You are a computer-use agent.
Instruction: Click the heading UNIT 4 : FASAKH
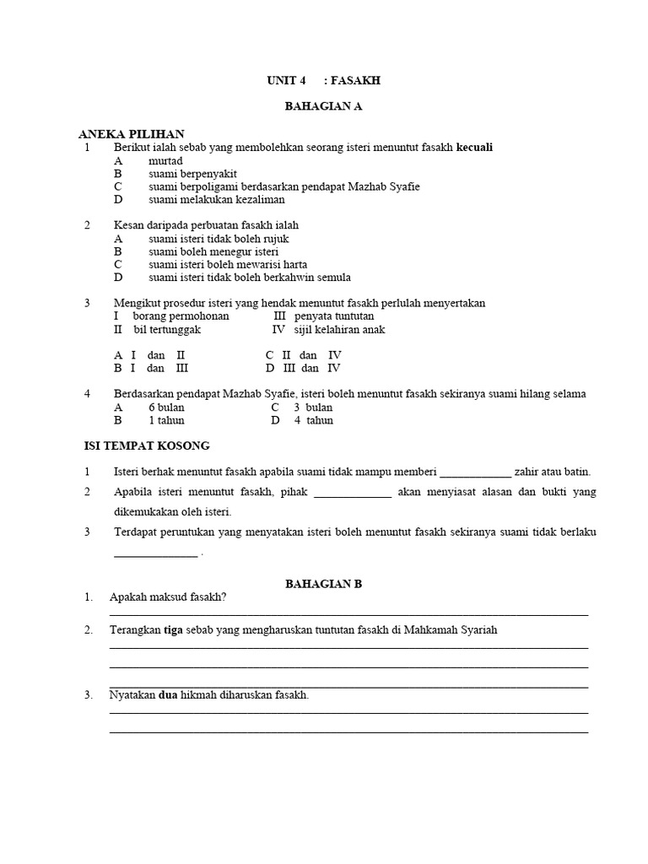point(324,80)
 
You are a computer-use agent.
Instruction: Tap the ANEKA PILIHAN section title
point(131,134)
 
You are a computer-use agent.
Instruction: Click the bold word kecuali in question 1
point(474,148)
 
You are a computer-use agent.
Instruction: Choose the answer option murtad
point(165,160)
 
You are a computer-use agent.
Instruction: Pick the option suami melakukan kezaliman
point(217,200)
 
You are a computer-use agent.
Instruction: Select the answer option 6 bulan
point(166,407)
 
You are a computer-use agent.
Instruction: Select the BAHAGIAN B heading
point(324,583)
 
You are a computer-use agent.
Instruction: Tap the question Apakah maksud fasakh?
point(168,597)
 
